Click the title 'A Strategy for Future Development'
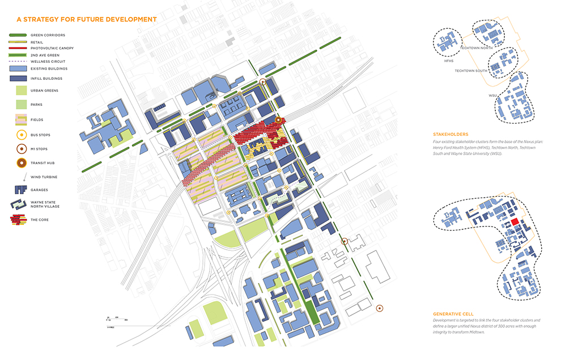[86, 19]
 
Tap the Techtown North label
[476, 48]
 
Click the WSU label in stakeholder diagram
[492, 95]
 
